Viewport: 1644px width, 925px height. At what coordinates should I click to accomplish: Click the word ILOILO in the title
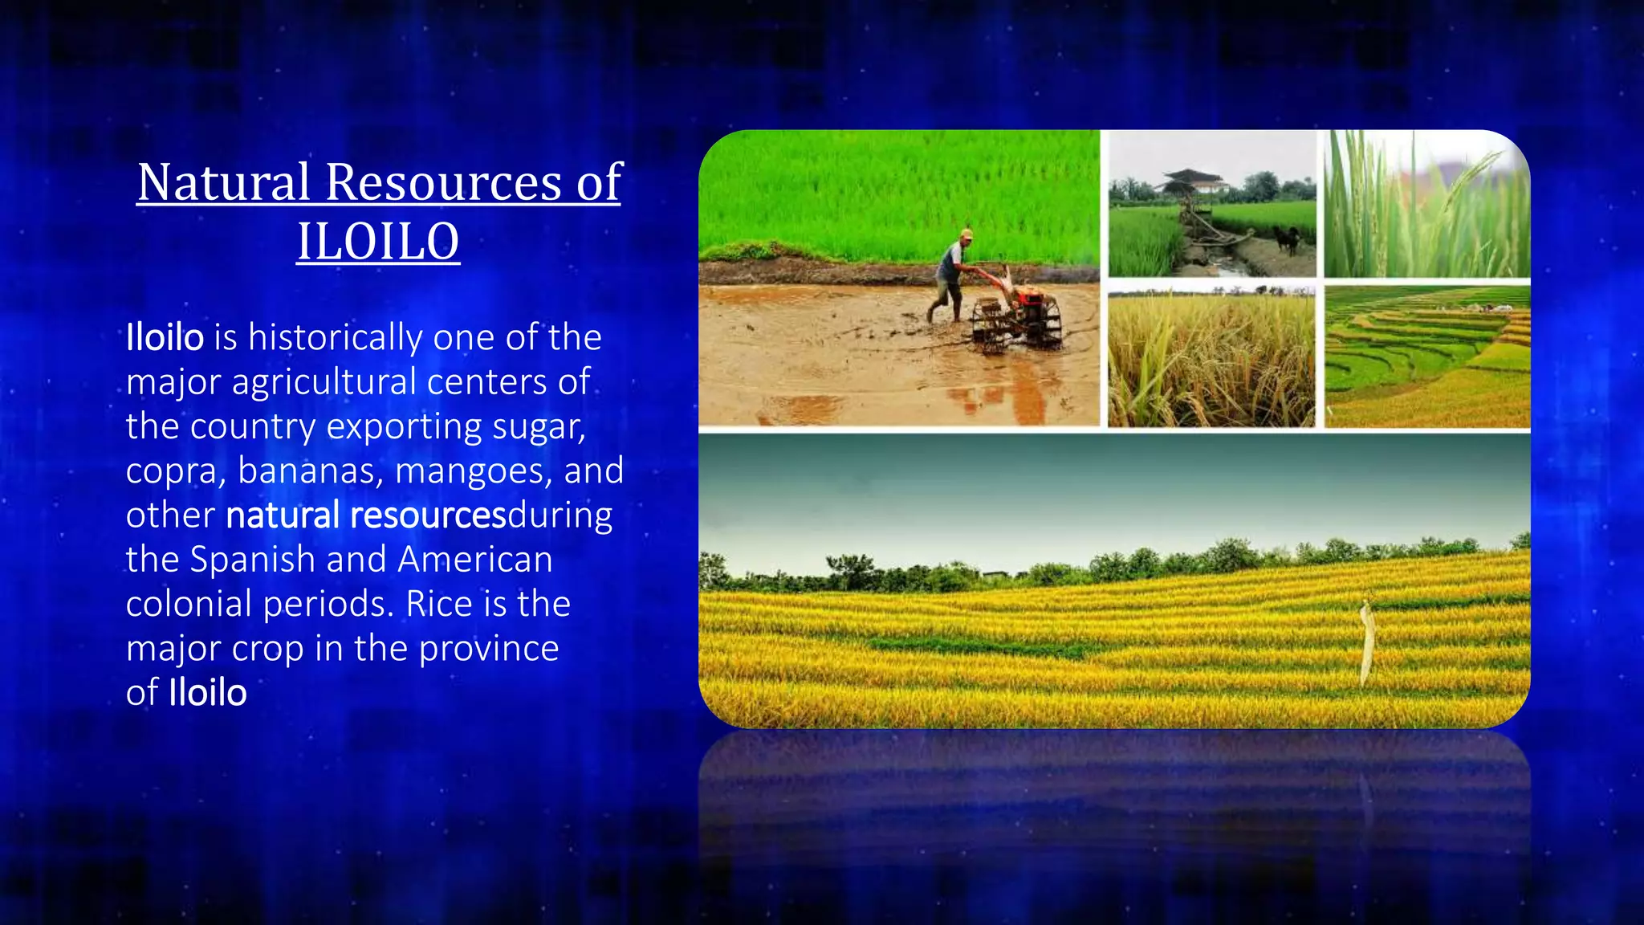[x=378, y=242]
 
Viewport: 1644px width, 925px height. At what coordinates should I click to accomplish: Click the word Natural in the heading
[x=223, y=182]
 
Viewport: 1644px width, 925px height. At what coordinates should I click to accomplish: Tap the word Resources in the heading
[x=443, y=182]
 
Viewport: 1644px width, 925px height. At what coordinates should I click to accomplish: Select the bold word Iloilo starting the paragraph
[x=165, y=337]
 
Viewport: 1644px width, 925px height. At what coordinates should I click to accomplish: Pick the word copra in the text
[x=176, y=471]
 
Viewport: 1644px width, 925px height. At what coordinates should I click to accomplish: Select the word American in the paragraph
[x=475, y=560]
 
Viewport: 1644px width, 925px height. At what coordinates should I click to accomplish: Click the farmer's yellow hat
[x=966, y=234]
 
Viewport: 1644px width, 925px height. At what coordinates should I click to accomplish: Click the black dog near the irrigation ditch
[x=1288, y=238]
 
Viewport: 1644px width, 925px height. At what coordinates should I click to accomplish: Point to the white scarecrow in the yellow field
[x=1367, y=642]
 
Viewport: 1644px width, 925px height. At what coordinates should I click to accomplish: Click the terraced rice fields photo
[x=1426, y=357]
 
